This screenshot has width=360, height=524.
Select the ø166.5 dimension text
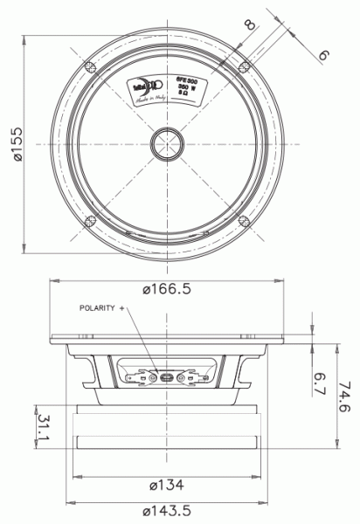165,290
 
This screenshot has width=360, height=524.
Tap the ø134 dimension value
164,485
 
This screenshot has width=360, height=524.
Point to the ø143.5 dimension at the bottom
164,510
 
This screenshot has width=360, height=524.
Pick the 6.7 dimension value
320,383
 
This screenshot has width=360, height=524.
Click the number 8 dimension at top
251,24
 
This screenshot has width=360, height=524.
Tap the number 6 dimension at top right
324,54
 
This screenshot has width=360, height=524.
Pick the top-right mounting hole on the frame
242,65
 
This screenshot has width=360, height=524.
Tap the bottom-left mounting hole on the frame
87,219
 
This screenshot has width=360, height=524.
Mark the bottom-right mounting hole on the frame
242,219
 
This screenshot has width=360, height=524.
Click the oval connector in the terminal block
165,378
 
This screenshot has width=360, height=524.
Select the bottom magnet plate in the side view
165,445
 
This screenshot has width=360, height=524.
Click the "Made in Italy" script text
149,102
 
